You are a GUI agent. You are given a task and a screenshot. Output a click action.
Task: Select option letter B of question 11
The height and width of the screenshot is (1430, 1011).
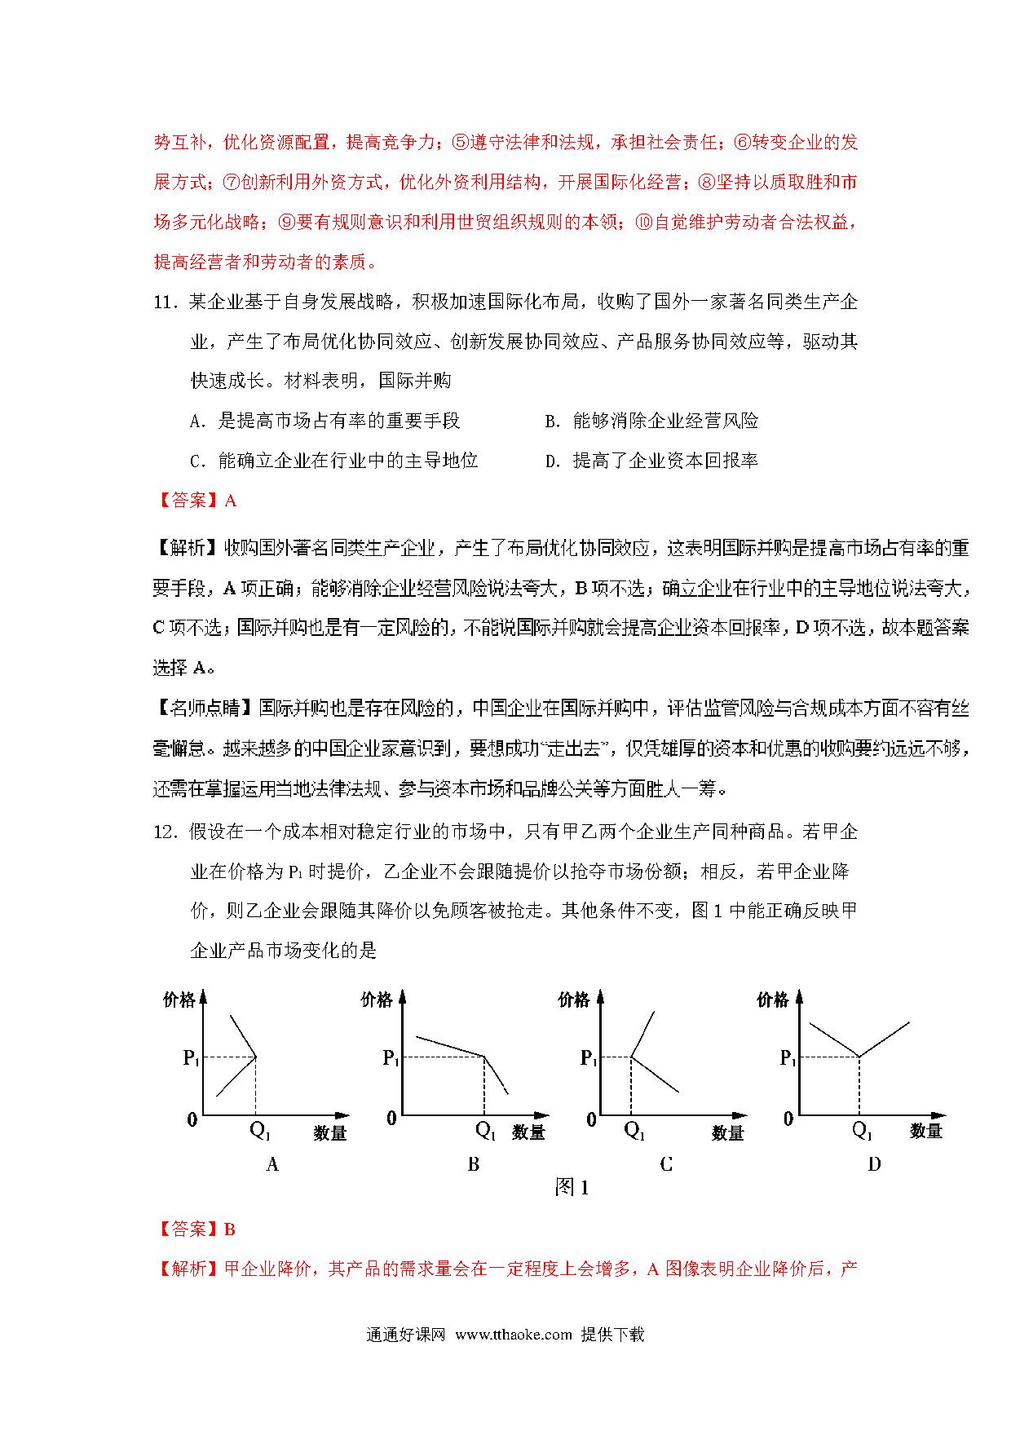(552, 421)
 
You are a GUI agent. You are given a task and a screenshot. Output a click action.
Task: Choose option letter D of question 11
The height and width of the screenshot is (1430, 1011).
(552, 461)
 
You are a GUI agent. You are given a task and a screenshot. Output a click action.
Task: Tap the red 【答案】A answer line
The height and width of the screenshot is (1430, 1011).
(195, 501)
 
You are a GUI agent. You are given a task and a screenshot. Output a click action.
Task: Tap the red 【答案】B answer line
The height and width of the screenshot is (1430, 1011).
(195, 1229)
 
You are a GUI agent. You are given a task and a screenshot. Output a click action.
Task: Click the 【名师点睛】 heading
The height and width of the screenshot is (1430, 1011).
(205, 708)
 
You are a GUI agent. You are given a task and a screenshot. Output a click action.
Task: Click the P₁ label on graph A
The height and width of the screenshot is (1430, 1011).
(191, 1058)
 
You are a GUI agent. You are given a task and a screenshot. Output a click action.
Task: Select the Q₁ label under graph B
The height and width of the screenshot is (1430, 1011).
(485, 1131)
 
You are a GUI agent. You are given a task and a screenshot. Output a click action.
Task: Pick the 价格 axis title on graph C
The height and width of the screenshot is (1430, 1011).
(574, 1000)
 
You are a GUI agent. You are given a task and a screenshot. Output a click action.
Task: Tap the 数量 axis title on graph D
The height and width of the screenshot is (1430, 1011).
(926, 1132)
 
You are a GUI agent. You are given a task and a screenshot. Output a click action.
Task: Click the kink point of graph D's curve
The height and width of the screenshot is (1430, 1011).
(859, 1057)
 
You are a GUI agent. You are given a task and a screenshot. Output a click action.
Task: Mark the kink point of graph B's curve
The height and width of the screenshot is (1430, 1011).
(484, 1057)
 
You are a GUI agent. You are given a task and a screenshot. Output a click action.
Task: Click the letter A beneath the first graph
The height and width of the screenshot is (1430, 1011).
(272, 1165)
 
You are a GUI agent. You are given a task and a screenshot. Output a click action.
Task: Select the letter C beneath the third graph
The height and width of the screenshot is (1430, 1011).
(666, 1165)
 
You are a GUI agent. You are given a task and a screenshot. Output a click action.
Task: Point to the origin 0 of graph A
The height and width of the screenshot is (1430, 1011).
(192, 1119)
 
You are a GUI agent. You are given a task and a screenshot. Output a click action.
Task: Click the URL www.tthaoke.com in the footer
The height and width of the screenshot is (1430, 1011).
(514, 1335)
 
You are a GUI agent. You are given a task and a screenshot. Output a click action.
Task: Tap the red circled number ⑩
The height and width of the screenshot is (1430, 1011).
(643, 223)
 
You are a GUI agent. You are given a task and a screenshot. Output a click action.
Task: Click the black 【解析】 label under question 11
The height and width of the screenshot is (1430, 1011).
(187, 549)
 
